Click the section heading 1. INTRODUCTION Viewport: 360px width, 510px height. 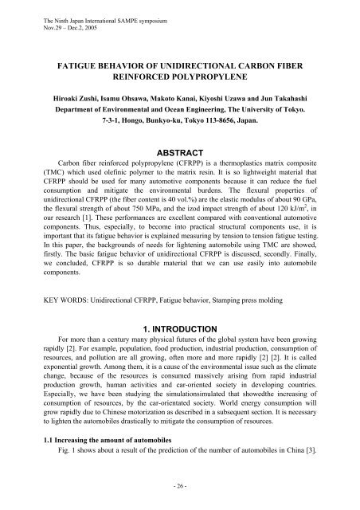click(181, 327)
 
